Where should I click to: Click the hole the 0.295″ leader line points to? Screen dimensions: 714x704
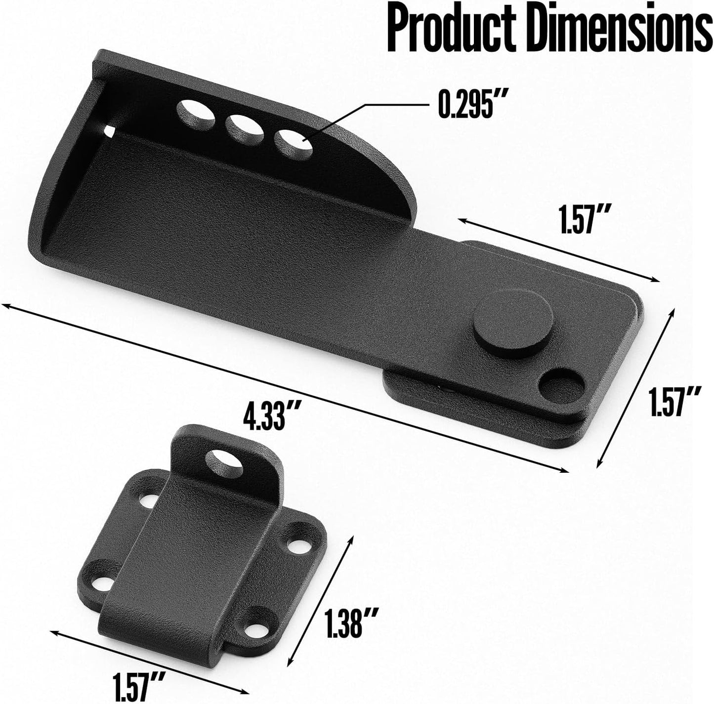pyautogui.click(x=294, y=144)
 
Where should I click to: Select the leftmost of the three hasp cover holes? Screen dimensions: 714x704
pyautogui.click(x=196, y=115)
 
